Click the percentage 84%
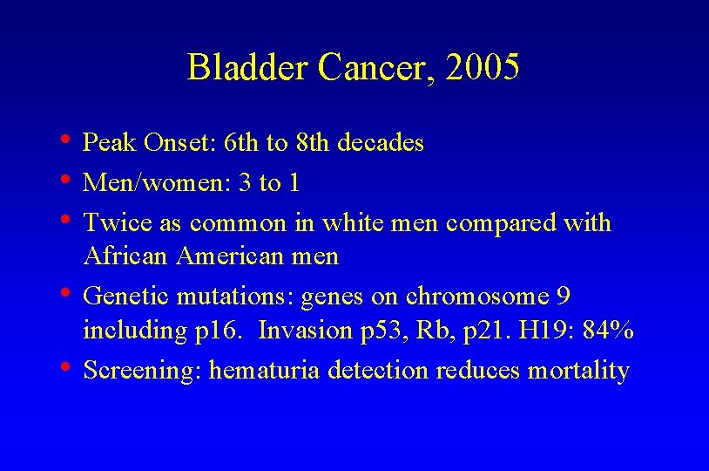click(609, 331)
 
